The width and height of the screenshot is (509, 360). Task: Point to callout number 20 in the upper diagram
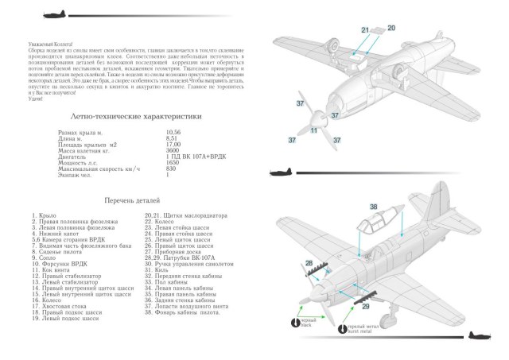click(x=391, y=28)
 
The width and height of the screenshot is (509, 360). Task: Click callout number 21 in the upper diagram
click(x=365, y=30)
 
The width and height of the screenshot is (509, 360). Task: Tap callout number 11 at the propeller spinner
click(x=314, y=130)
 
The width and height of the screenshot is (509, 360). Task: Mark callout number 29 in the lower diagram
click(x=366, y=305)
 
